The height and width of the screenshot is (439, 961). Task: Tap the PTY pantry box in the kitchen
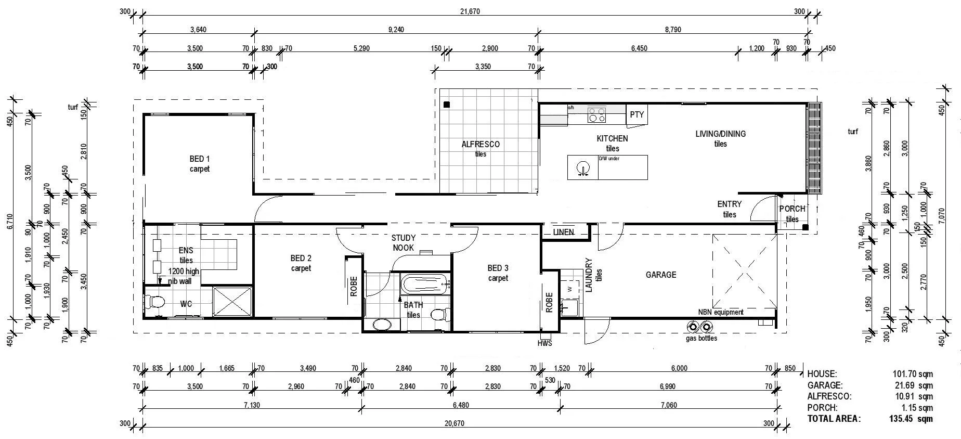pyautogui.click(x=637, y=114)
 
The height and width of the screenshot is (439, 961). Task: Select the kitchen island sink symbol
pyautogui.click(x=583, y=168)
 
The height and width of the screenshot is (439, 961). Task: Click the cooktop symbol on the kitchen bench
pyautogui.click(x=596, y=114)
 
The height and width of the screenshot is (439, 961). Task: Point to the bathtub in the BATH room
pyautogui.click(x=424, y=285)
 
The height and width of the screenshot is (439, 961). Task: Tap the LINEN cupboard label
pyautogui.click(x=564, y=232)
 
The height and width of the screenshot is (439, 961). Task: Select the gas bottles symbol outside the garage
pyautogui.click(x=699, y=327)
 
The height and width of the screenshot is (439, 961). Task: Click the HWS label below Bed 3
pyautogui.click(x=544, y=343)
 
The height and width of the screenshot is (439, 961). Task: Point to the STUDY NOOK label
pyautogui.click(x=403, y=243)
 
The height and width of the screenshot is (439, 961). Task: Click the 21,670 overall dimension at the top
pyautogui.click(x=470, y=12)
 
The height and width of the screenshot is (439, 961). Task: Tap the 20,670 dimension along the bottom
pyautogui.click(x=454, y=423)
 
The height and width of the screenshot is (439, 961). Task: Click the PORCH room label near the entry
pyautogui.click(x=792, y=209)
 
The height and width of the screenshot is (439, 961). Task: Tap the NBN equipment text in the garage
pyautogui.click(x=720, y=312)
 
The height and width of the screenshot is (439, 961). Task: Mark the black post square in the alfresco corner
pyautogui.click(x=446, y=105)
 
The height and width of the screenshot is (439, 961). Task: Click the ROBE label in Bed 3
pyautogui.click(x=549, y=302)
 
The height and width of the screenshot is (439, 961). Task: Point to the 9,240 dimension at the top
pyautogui.click(x=396, y=30)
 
